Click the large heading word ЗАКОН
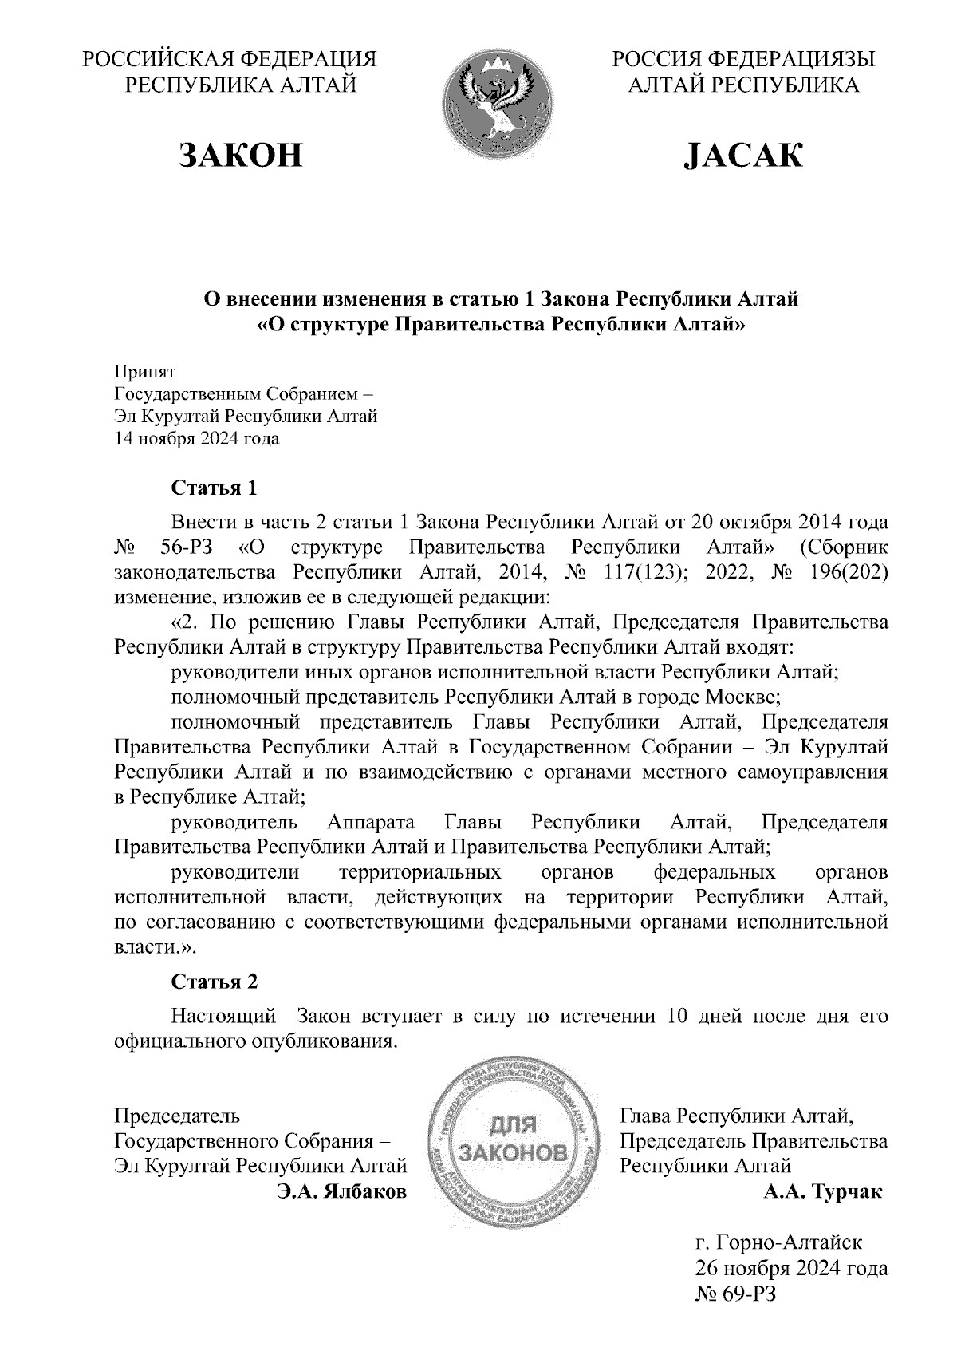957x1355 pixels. click(x=242, y=156)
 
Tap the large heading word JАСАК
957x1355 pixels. click(x=742, y=156)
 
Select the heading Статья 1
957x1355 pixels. click(x=215, y=488)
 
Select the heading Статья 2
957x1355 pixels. click(x=215, y=982)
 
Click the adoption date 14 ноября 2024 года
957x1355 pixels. click(x=197, y=439)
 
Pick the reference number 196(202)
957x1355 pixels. click(x=837, y=573)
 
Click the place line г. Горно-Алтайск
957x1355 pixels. click(x=778, y=1242)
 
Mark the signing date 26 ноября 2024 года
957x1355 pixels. click(x=791, y=1268)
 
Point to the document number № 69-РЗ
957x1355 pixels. click(x=735, y=1294)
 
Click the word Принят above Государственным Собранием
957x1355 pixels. click(x=145, y=372)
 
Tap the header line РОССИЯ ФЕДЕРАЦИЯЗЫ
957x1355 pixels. click(x=743, y=60)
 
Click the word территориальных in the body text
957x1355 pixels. click(x=420, y=871)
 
